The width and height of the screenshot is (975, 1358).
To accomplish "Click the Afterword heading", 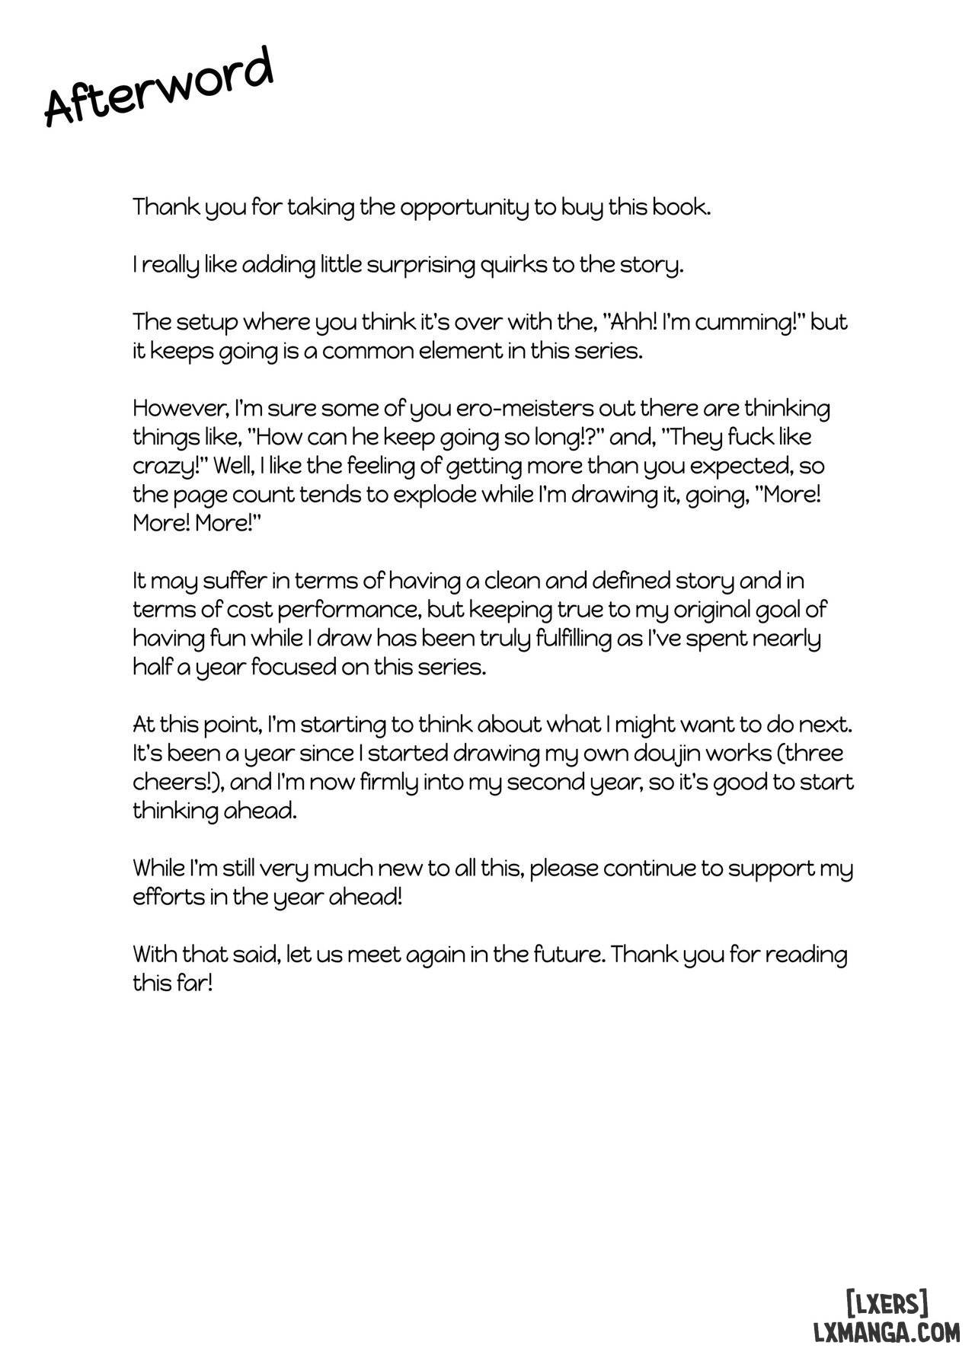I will coord(158,87).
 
